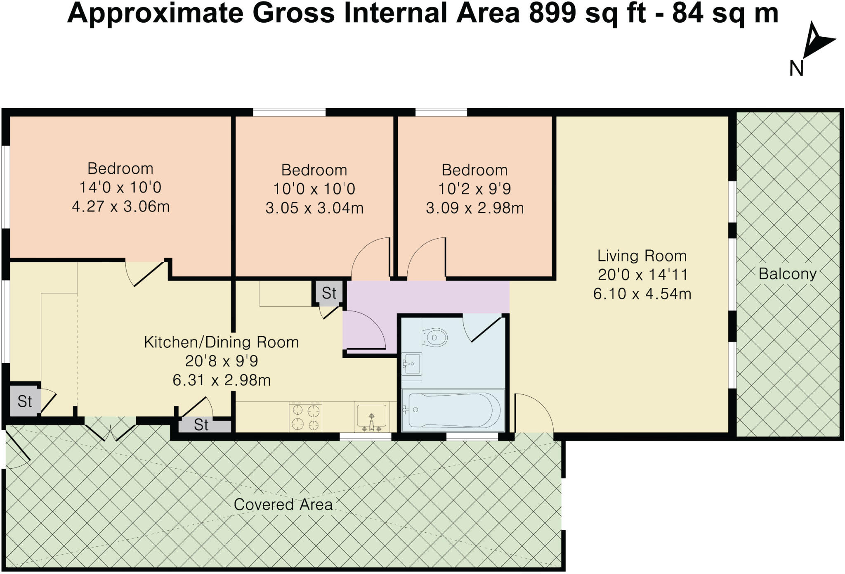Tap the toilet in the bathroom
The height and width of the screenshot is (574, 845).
pos(434,337)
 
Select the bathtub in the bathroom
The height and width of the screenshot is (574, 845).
pos(453,410)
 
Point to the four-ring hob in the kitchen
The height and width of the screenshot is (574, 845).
pos(305,417)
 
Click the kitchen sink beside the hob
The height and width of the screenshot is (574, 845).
pos(372,417)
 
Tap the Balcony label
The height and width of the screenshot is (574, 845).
pos(787,274)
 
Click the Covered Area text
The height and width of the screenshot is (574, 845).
pos(283,504)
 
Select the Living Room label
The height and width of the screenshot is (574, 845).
pos(642,256)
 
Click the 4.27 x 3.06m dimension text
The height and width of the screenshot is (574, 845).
pos(121,206)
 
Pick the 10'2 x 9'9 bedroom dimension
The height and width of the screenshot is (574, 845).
pos(474,189)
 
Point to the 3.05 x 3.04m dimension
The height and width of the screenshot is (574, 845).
pos(314,208)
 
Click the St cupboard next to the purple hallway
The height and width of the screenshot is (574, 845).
pos(329,293)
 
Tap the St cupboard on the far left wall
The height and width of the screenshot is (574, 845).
pos(24,401)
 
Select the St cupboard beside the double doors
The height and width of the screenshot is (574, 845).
pos(201,425)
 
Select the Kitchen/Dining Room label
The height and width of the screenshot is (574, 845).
pos(221,342)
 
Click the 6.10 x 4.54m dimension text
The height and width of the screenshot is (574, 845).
pos(642,294)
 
